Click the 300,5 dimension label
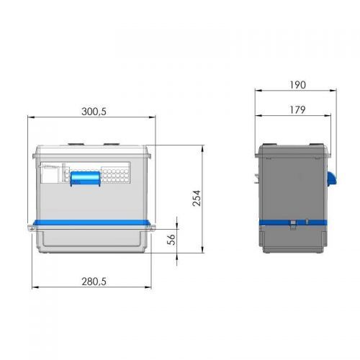(x=94, y=112)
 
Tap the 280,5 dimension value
(x=94, y=282)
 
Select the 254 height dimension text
(x=197, y=198)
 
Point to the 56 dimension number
(x=171, y=240)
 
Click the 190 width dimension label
(x=297, y=85)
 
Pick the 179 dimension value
(x=297, y=110)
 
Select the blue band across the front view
(x=91, y=222)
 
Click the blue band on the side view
(x=293, y=222)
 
